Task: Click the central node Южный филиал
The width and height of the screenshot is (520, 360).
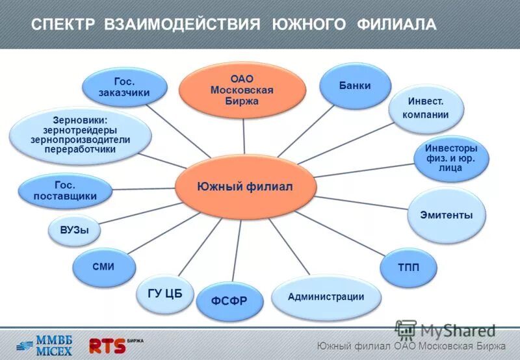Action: pos(245,186)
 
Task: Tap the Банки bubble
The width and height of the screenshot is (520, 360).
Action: pos(355,86)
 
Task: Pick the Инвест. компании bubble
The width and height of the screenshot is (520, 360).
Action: pos(426,109)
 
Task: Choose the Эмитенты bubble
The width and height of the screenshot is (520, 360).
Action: pos(447,215)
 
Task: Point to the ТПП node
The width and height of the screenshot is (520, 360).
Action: pos(408,268)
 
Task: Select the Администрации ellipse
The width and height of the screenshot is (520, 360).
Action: pos(326,298)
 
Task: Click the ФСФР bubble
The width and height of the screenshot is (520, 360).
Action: pos(231,300)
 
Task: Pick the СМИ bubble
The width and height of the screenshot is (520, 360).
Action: pos(103,266)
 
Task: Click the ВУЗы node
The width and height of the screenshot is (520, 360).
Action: pos(74,231)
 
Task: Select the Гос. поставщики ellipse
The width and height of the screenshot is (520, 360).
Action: pos(66,191)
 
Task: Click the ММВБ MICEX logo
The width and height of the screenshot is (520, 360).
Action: pos(45,344)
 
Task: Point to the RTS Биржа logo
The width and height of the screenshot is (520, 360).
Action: pos(114,344)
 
